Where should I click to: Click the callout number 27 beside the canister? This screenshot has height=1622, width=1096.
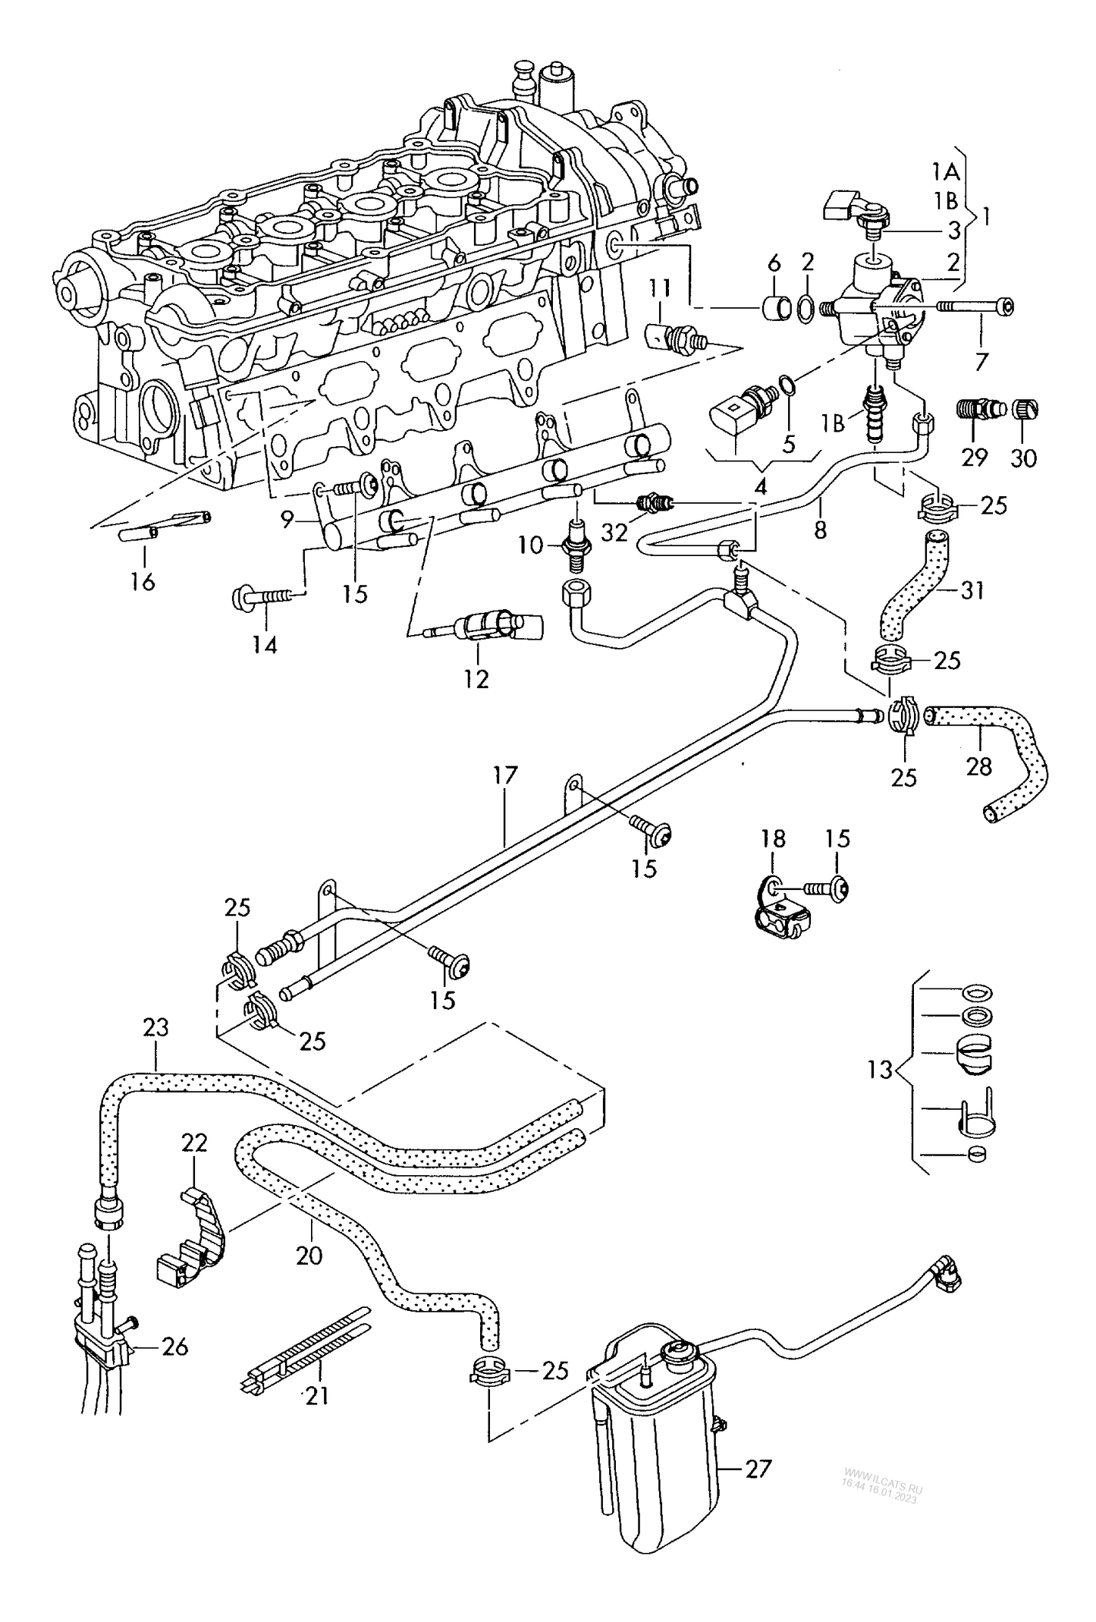(x=758, y=1469)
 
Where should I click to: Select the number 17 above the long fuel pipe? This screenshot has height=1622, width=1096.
(x=504, y=775)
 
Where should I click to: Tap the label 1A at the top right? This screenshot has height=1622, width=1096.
(x=946, y=172)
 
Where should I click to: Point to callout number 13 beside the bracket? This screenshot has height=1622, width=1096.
(x=880, y=1070)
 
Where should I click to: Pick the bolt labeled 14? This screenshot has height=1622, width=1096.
(x=262, y=597)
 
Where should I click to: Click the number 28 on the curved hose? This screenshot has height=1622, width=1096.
(x=979, y=766)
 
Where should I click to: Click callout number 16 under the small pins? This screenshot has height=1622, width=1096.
(x=142, y=582)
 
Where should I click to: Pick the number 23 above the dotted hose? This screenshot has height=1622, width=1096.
(x=155, y=1028)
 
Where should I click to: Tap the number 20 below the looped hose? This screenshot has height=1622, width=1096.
(x=309, y=1256)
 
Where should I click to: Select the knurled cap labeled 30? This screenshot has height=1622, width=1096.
(x=1026, y=410)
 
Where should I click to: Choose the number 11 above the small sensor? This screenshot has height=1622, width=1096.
(x=660, y=288)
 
